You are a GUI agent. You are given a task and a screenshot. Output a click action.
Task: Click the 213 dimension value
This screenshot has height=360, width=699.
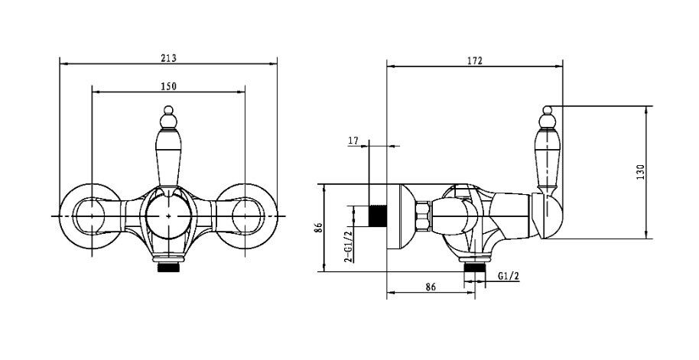pyautogui.click(x=169, y=58)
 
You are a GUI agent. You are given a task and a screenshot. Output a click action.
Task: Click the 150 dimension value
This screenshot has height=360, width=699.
pyautogui.click(x=168, y=86)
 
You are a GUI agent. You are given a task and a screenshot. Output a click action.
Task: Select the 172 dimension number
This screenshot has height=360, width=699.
pyautogui.click(x=475, y=61)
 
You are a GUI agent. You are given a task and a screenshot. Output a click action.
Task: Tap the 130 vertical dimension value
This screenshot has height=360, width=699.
pyautogui.click(x=640, y=173)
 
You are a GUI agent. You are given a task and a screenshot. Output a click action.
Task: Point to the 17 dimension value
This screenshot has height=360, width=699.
pyautogui.click(x=353, y=141)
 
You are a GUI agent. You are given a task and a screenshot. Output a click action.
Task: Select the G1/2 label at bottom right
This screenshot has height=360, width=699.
pyautogui.click(x=509, y=276)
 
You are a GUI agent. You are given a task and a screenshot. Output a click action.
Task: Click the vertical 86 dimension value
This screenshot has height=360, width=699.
pyautogui.click(x=318, y=228)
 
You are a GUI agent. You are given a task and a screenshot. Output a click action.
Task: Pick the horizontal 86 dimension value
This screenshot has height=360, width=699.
pyautogui.click(x=431, y=287)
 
